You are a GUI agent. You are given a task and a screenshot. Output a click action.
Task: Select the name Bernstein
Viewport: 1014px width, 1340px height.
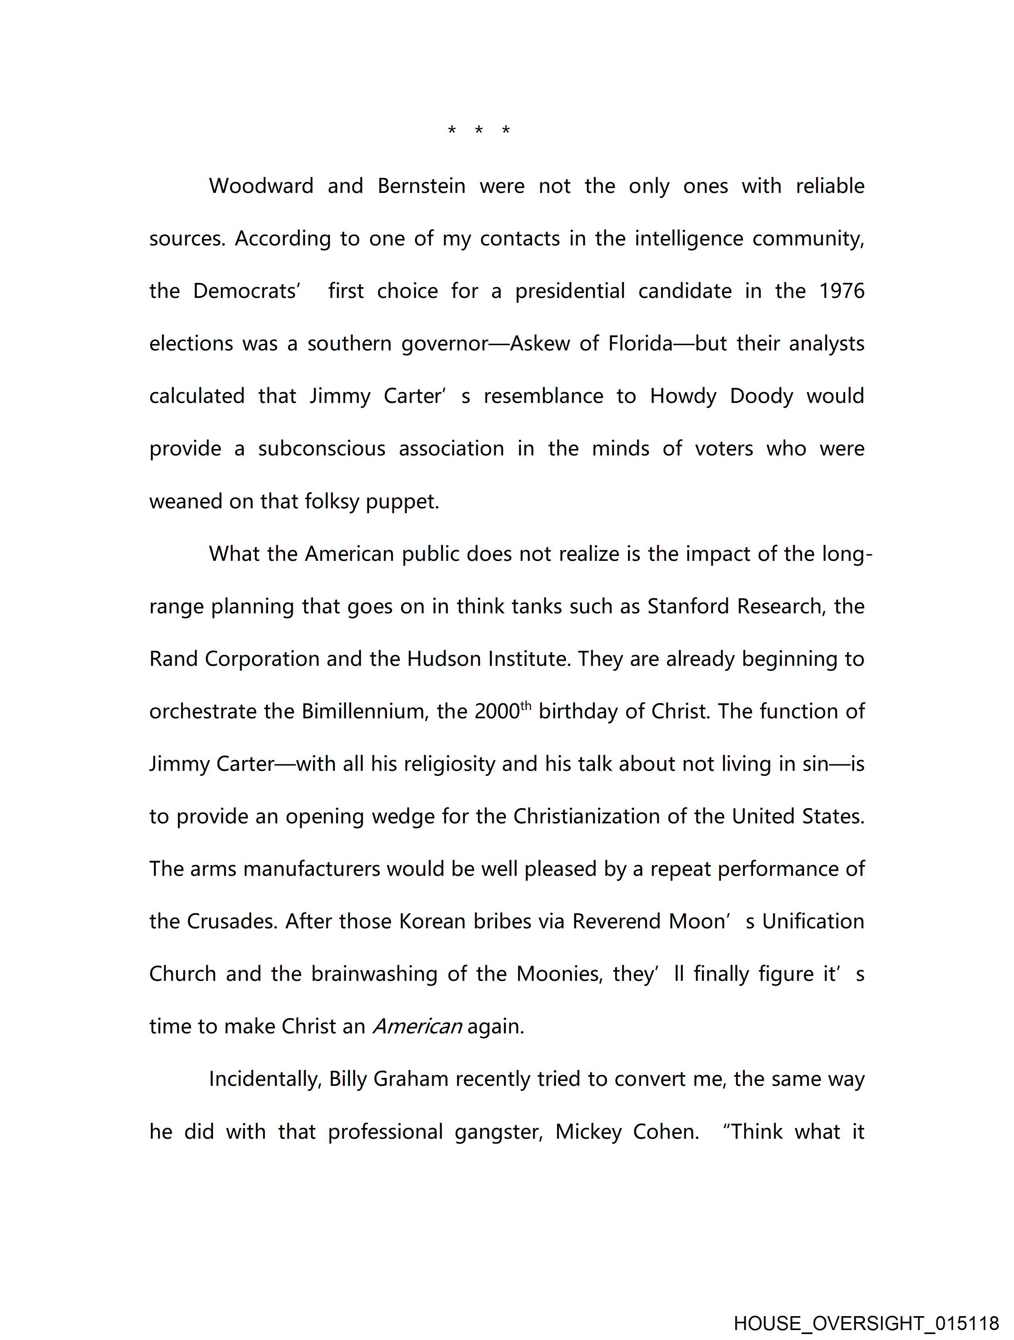pyautogui.click(x=421, y=186)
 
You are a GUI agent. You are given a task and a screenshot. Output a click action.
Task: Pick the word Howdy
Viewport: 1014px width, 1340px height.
pyautogui.click(x=683, y=396)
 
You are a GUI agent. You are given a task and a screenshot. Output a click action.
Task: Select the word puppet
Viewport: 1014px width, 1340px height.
pyautogui.click(x=402, y=502)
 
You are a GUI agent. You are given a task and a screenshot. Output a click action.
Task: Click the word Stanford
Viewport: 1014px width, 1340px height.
pyautogui.click(x=686, y=607)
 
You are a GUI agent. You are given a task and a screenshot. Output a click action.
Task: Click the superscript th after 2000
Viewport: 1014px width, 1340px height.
pyautogui.click(x=526, y=705)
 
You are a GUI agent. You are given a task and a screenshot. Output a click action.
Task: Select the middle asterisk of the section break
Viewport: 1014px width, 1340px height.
pyautogui.click(x=478, y=130)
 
